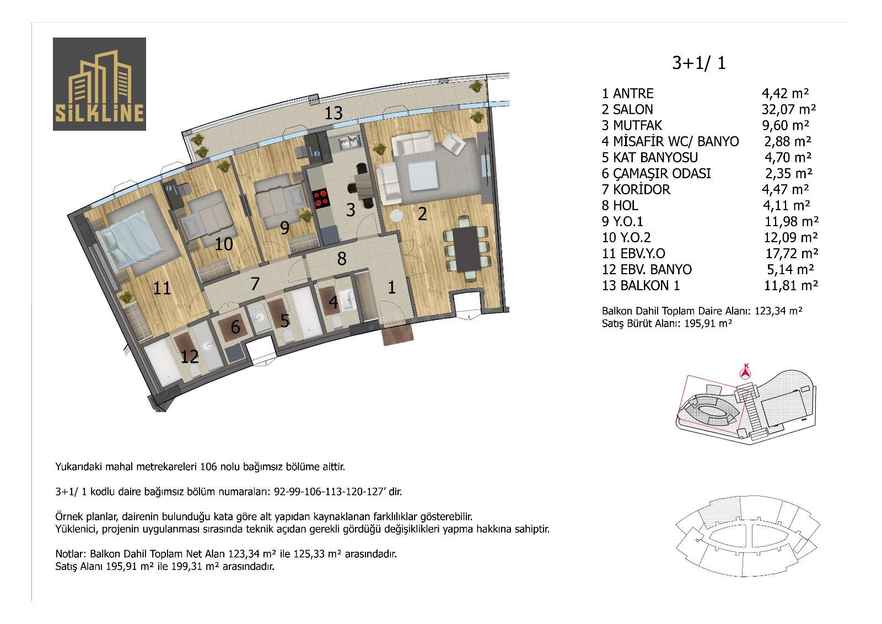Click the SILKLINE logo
[x=99, y=84]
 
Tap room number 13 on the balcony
[x=333, y=114]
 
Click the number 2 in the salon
[x=422, y=214]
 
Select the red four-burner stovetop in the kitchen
[x=320, y=198]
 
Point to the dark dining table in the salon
[x=466, y=248]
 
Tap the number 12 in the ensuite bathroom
[x=190, y=357]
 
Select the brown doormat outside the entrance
[x=398, y=336]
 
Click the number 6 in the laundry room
[x=235, y=327]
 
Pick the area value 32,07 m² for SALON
[x=789, y=109]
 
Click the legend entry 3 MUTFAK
[x=632, y=125]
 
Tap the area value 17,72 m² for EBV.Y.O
[x=792, y=253]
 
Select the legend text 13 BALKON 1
[x=641, y=285]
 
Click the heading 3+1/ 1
[x=698, y=63]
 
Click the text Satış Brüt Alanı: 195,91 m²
[x=666, y=324]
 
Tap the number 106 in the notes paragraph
[x=209, y=467]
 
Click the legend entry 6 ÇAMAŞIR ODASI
[x=656, y=173]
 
